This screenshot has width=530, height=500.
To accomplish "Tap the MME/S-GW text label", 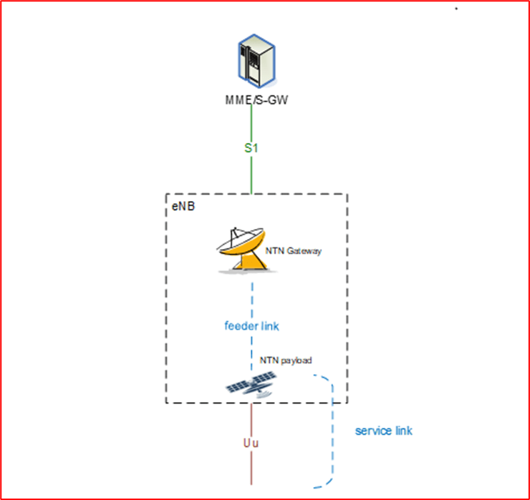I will pos(252,99).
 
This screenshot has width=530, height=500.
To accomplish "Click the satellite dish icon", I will pos(241,250).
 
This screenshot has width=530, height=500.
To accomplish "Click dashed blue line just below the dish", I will pos(251,293).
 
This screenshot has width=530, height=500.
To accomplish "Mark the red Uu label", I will pos(251,443).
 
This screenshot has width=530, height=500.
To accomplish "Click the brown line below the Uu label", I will pos(251,469).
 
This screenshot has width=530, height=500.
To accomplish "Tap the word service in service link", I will pos(372,431).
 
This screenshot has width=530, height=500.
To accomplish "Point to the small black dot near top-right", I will pos(456,9).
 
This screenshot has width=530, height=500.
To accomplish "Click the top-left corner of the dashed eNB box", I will pos(167,194).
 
